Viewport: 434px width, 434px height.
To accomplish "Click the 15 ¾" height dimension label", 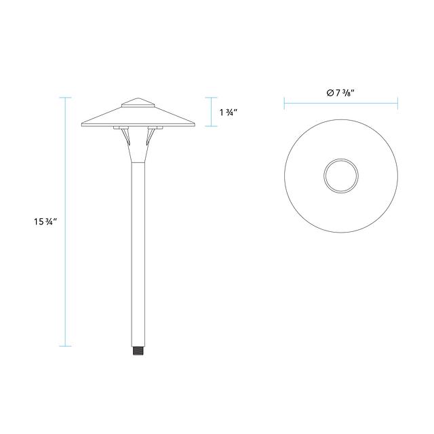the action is pyautogui.click(x=45, y=222).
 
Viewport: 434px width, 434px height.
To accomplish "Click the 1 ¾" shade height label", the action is pyautogui.click(x=229, y=113).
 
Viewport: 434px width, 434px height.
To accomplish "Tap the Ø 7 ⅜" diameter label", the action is pyautogui.click(x=340, y=93).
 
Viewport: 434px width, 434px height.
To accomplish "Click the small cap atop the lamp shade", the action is pyautogui.click(x=138, y=102).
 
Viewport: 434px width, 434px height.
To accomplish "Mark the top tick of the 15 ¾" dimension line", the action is pyautogui.click(x=65, y=98).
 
